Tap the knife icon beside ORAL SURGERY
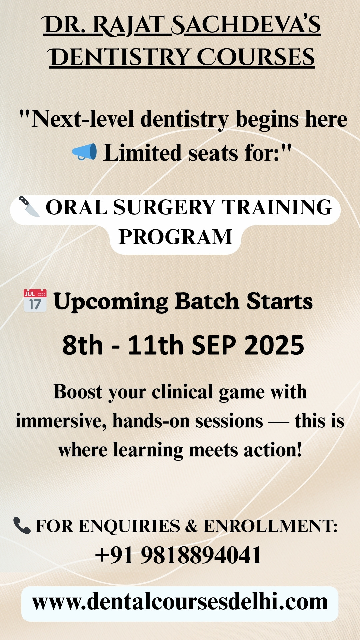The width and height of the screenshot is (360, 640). pyautogui.click(x=29, y=206)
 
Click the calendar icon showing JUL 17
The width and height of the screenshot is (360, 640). pyautogui.click(x=35, y=301)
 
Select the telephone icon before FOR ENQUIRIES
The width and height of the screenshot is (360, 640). pyautogui.click(x=22, y=525)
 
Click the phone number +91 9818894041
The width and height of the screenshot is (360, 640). pyautogui.click(x=178, y=555)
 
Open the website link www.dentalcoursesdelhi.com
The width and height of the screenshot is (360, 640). pyautogui.click(x=180, y=602)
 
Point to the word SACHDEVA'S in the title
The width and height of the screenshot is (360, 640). pyautogui.click(x=246, y=25)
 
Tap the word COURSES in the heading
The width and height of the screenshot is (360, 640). pyautogui.click(x=256, y=57)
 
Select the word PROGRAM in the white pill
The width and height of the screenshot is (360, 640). pyautogui.click(x=175, y=237)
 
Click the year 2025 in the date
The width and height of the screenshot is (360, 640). pyautogui.click(x=274, y=345)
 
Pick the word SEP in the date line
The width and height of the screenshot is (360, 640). pyautogui.click(x=214, y=345)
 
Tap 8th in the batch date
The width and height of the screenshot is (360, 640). pyautogui.click(x=83, y=345)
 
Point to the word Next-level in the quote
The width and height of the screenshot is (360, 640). pyautogui.click(x=83, y=119)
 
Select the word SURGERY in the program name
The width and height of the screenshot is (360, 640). pyautogui.click(x=164, y=207)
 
